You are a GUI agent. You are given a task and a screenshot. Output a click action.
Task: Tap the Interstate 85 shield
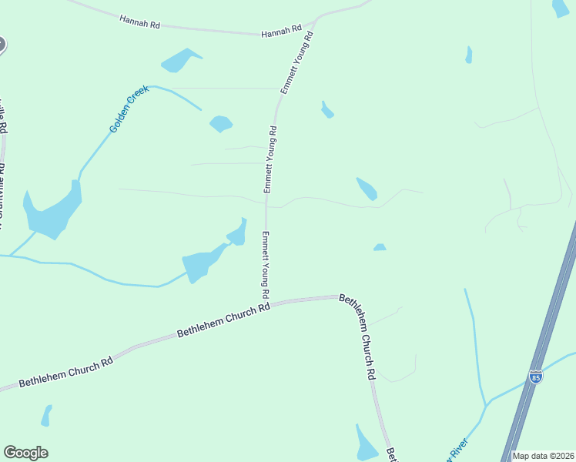point(536,377)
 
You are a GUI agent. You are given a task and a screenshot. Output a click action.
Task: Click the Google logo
point(25,453)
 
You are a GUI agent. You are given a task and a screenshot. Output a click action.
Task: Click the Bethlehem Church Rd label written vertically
point(358,336)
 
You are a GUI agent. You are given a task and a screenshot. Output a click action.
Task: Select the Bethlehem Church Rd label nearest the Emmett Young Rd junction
point(223,320)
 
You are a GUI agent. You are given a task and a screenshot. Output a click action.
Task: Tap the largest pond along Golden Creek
point(52,211)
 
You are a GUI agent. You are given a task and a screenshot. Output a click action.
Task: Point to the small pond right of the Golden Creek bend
point(221,123)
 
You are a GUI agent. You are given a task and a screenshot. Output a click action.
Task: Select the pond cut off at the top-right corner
point(561,8)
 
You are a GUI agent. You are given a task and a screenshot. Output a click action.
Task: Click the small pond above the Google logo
point(46,416)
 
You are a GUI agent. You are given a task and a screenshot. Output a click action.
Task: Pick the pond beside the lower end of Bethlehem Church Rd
point(365,444)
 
